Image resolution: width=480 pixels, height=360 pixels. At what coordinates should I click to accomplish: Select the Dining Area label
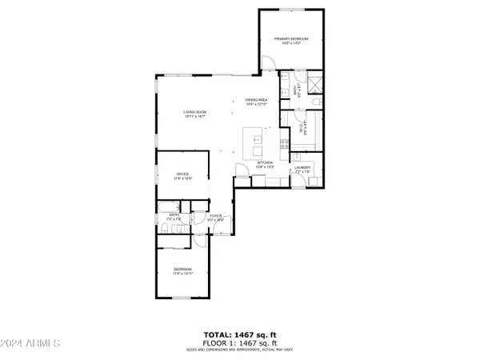click(x=256, y=101)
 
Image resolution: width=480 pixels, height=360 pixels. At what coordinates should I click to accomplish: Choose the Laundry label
click(x=302, y=168)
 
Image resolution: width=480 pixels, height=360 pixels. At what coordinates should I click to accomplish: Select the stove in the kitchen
click(x=285, y=144)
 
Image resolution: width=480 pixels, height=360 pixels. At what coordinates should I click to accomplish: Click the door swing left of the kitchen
click(x=240, y=170)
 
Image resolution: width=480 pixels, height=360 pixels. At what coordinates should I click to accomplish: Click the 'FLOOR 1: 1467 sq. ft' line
click(x=240, y=342)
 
